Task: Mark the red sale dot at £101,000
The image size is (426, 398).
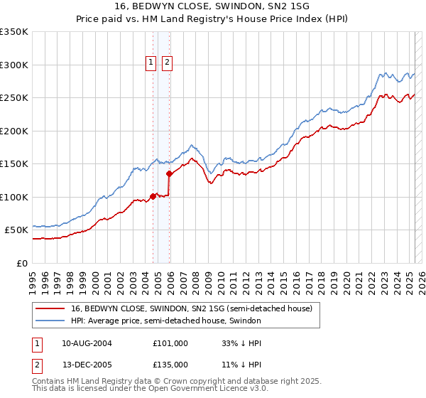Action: tap(153, 196)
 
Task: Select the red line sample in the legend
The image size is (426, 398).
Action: tap(51, 308)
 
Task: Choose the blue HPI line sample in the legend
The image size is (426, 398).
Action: tap(51, 321)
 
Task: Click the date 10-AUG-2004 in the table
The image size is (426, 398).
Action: tap(87, 343)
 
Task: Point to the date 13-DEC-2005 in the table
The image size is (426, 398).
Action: tap(87, 364)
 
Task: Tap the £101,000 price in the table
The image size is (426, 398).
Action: tap(170, 343)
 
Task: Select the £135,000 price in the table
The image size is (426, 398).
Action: tap(170, 364)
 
